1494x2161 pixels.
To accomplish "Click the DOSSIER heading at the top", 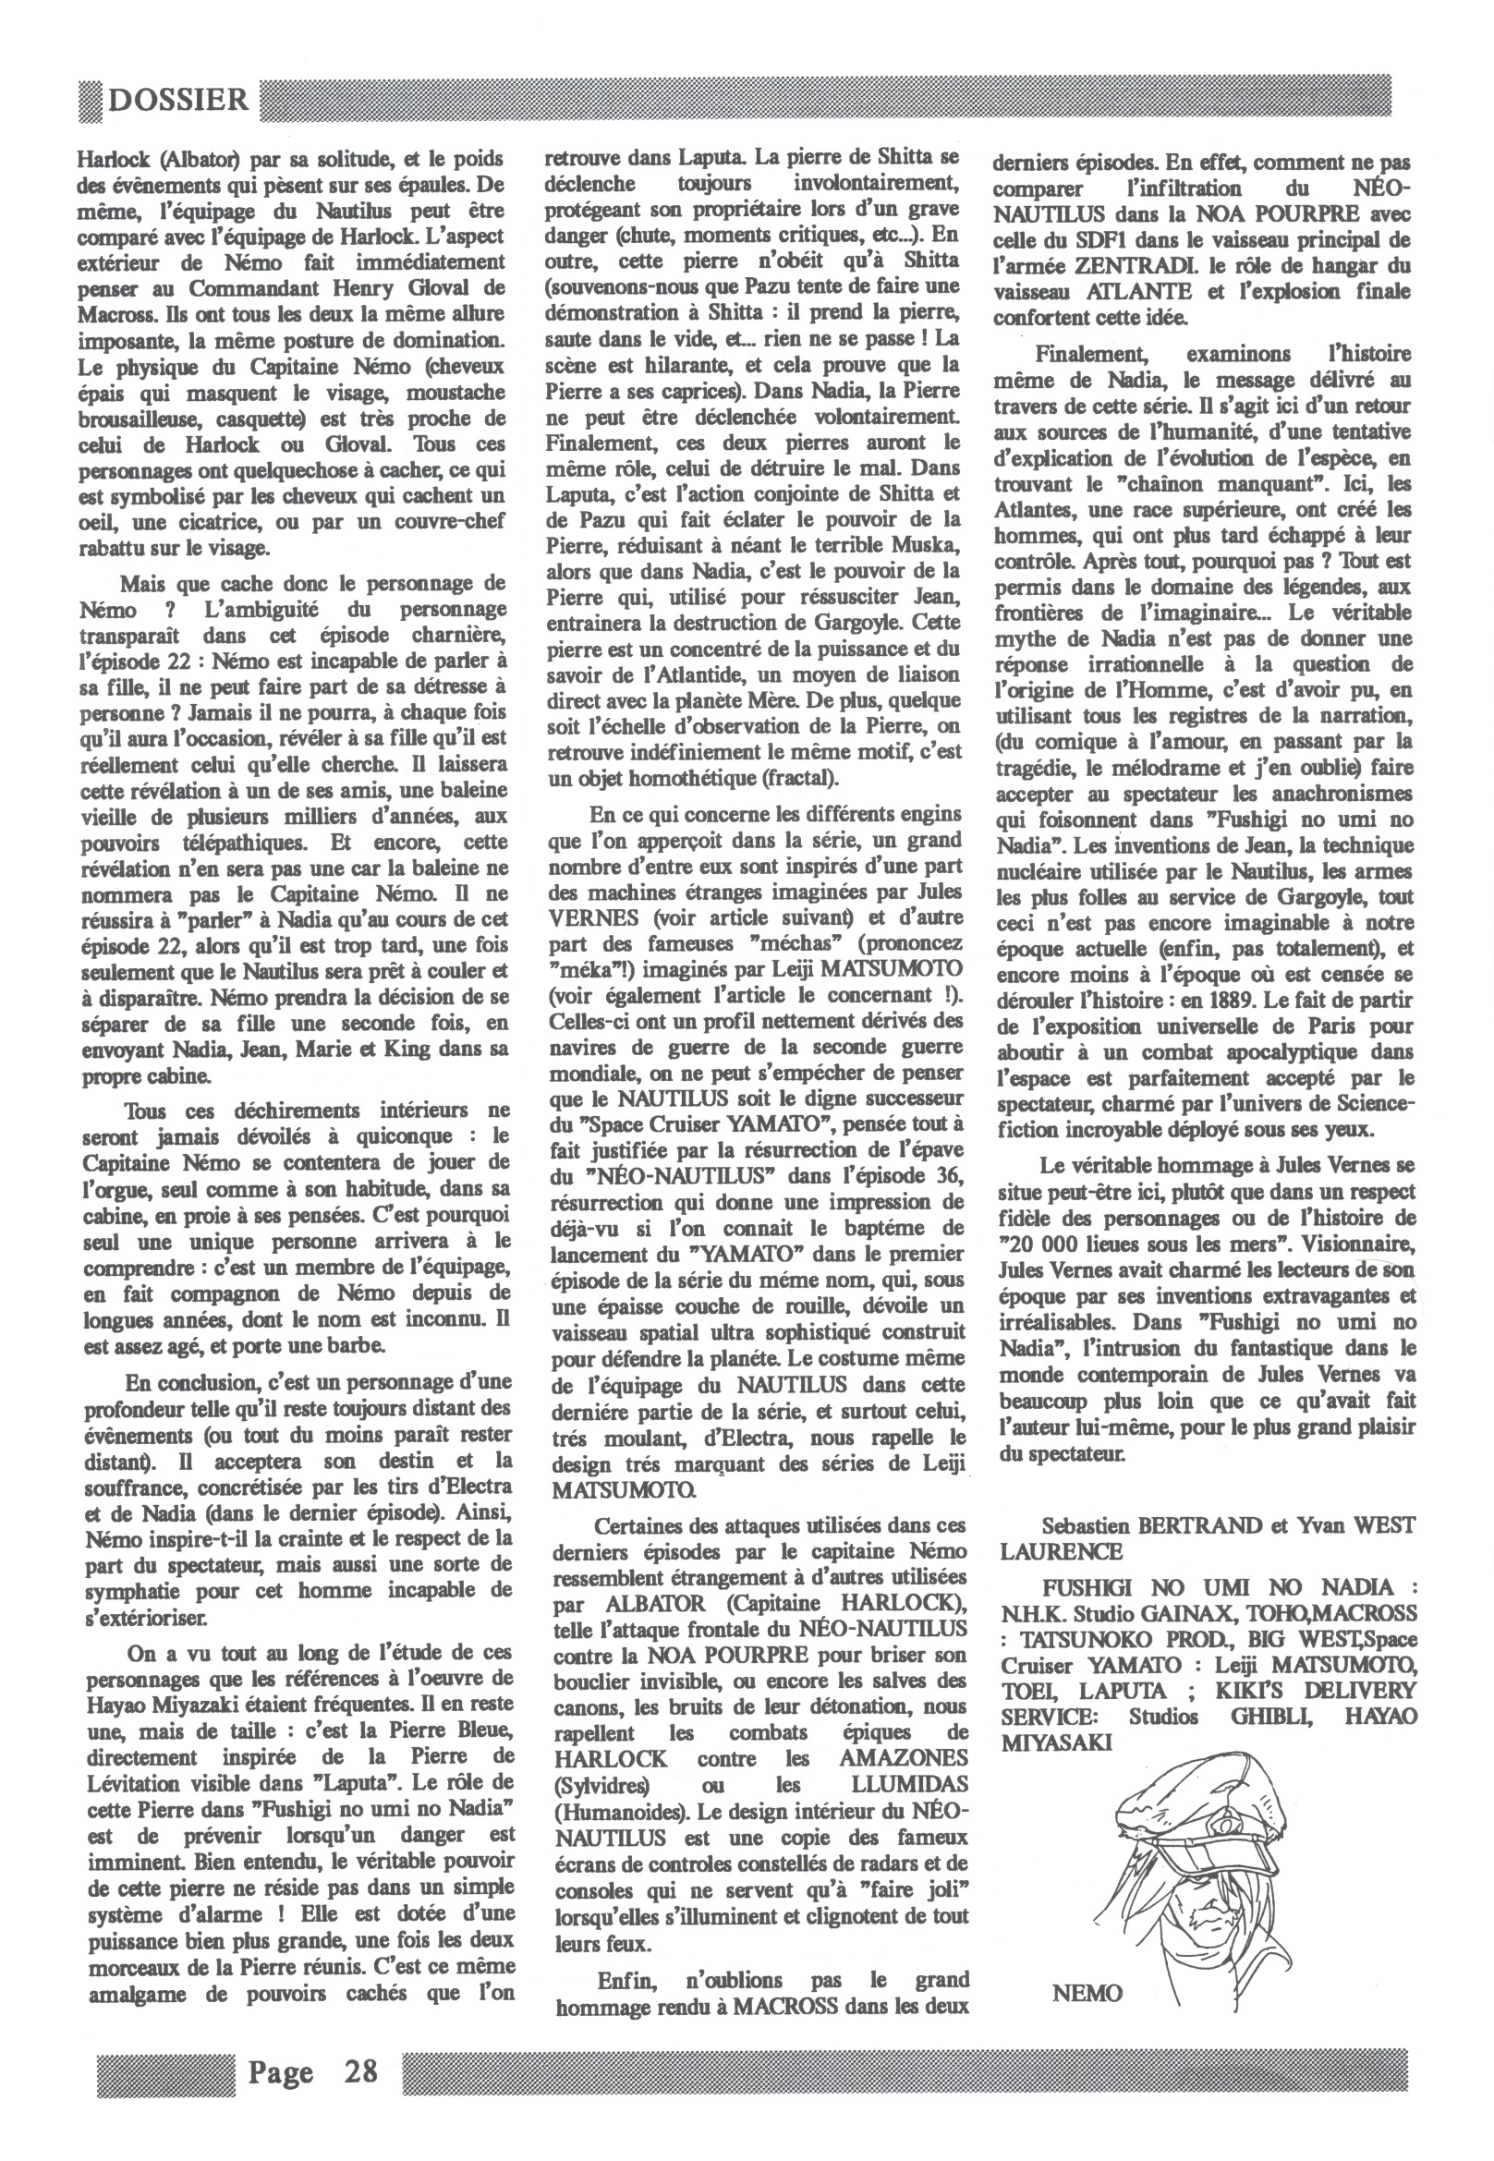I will point(177,100).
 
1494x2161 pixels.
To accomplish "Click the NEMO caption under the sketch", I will point(1087,1994).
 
